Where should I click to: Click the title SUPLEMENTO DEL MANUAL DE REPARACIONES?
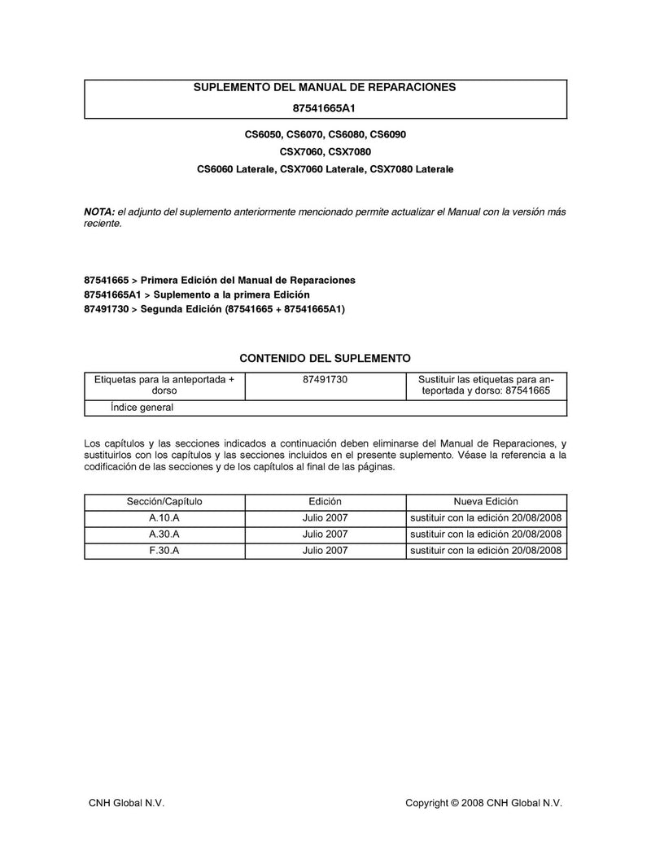click(325, 87)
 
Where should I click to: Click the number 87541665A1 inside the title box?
click(325, 107)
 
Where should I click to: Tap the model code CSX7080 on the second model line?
click(352, 151)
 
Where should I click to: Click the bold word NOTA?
click(98, 212)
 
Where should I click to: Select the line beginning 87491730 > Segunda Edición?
click(214, 309)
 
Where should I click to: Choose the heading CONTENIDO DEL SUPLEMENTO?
click(325, 358)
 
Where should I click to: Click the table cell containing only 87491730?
click(325, 379)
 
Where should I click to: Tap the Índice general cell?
click(142, 408)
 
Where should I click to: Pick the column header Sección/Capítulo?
click(164, 502)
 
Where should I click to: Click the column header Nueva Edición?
click(486, 502)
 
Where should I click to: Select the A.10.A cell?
click(164, 518)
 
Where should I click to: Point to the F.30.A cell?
click(164, 551)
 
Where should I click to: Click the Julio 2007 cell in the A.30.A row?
click(325, 534)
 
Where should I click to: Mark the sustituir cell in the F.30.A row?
click(486, 551)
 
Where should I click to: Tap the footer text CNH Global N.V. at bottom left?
click(126, 803)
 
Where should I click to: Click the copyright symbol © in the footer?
click(456, 803)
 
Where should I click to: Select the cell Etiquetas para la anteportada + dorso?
click(164, 385)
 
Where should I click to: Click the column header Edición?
click(325, 502)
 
